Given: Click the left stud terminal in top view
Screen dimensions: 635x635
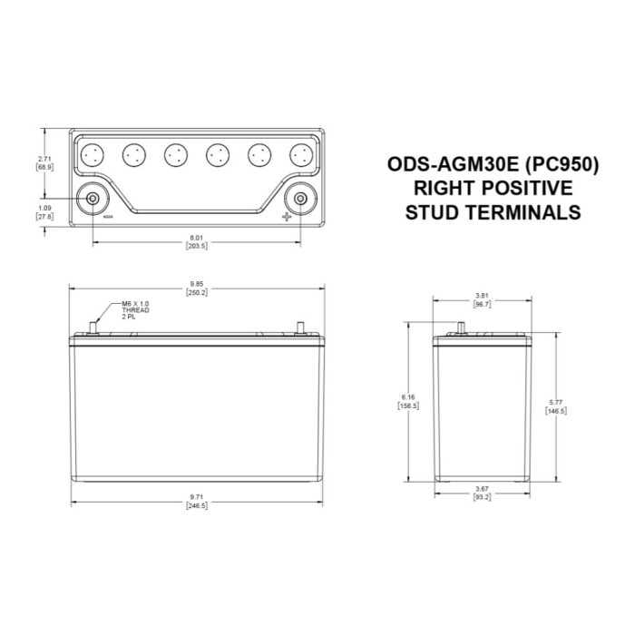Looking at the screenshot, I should click(x=93, y=198).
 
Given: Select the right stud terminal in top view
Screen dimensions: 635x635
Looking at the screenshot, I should click(x=298, y=198).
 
